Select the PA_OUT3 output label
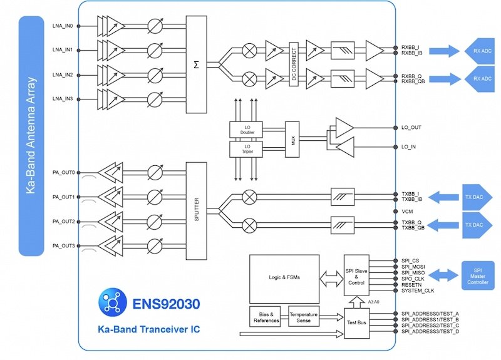coord(63,246)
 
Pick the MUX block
coord(289,138)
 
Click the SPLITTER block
coord(196,208)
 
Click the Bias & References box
coord(267,316)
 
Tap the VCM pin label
coord(407,211)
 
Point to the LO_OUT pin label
coord(412,128)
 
